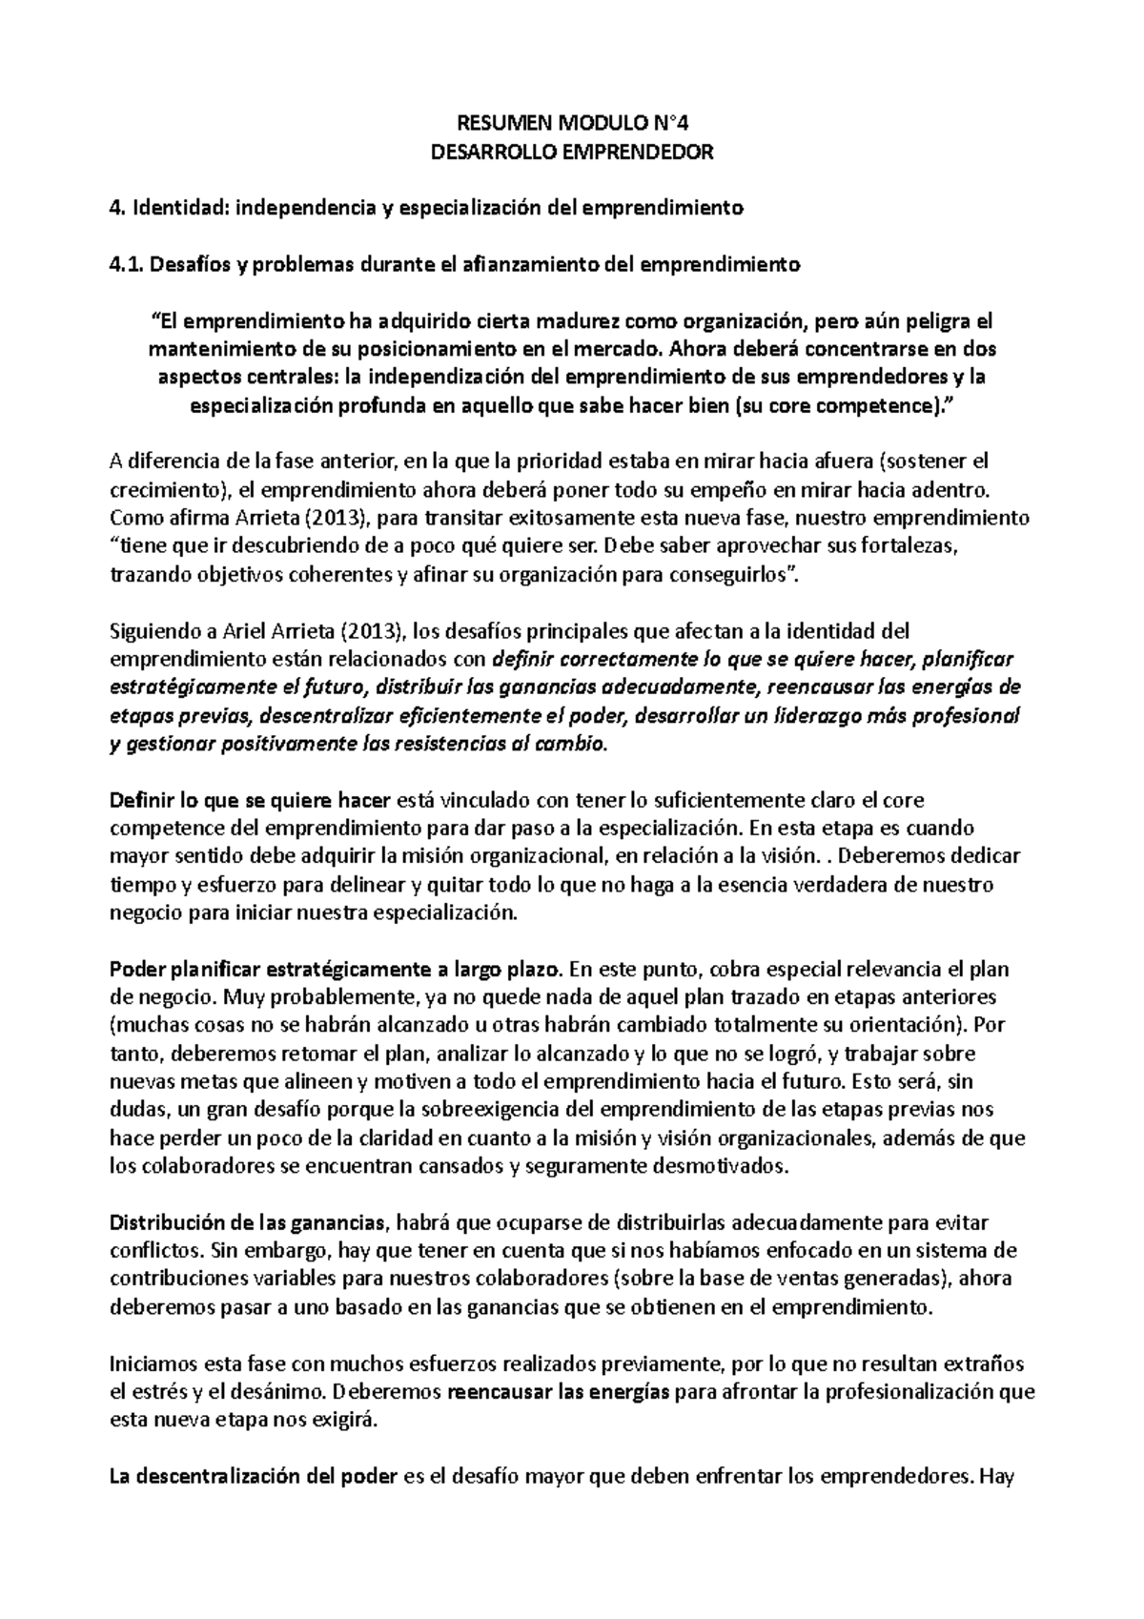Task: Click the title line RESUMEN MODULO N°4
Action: point(572,123)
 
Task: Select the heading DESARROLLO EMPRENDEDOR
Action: point(572,152)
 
